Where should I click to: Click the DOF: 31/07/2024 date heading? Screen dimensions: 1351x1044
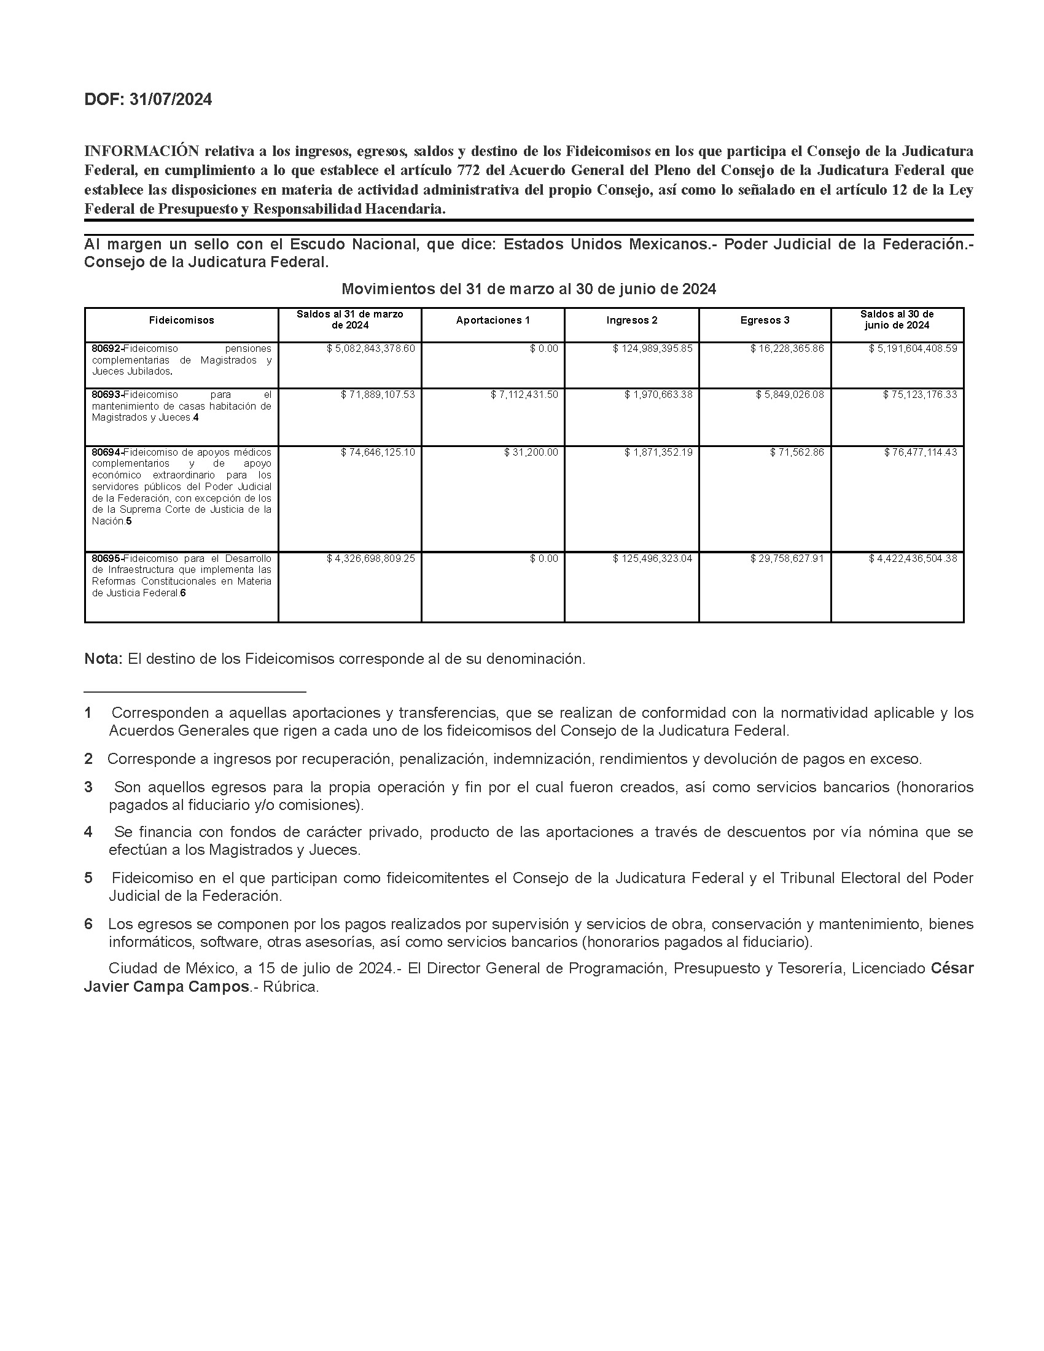pyautogui.click(x=148, y=99)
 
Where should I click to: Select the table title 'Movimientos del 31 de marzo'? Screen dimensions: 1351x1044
pyautogui.click(x=529, y=289)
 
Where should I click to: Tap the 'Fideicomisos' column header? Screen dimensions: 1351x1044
pyautogui.click(x=181, y=321)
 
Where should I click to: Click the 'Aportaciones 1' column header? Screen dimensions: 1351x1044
pyautogui.click(x=493, y=321)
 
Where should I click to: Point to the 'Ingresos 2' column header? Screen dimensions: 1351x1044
pyautogui.click(x=631, y=321)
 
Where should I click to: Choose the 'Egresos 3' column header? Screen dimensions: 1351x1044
pyautogui.click(x=765, y=321)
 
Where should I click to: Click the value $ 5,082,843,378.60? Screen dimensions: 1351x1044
pyautogui.click(x=370, y=349)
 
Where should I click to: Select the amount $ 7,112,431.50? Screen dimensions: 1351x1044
pyautogui.click(x=524, y=395)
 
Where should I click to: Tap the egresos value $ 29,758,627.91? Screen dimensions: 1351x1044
pyautogui.click(x=787, y=559)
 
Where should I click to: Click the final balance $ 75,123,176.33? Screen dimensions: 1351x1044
pyautogui.click(x=920, y=395)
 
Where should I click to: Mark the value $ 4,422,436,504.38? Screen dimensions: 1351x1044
pyautogui.click(x=913, y=559)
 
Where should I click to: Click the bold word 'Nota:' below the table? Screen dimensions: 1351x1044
pyautogui.click(x=103, y=659)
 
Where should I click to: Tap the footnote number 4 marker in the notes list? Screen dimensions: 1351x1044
pyautogui.click(x=88, y=832)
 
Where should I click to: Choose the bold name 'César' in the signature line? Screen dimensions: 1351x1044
pyautogui.click(x=952, y=968)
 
